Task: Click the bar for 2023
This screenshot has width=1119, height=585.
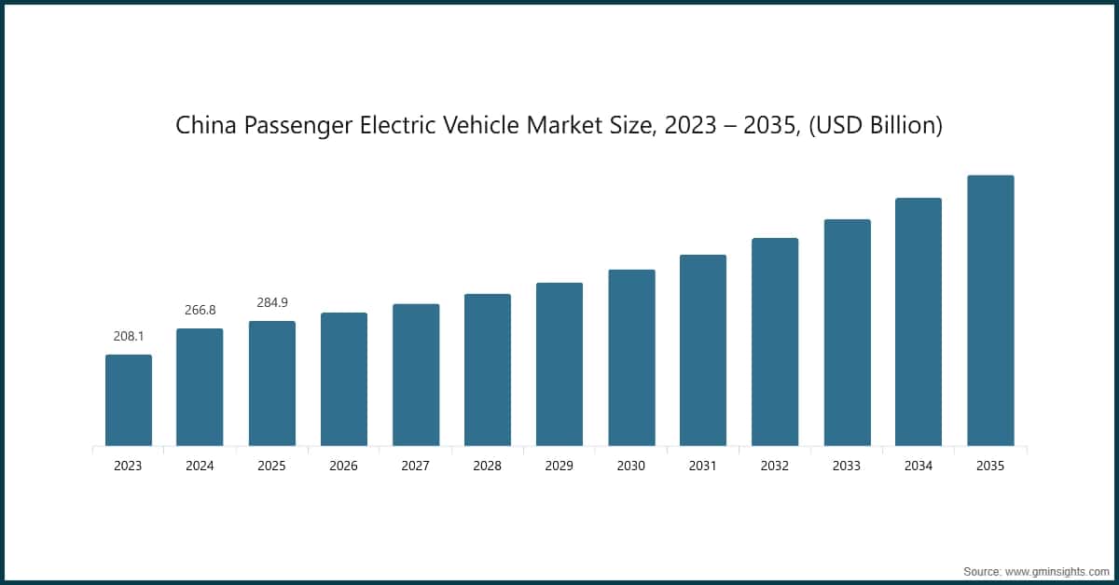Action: point(129,400)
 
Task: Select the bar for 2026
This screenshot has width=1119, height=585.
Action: point(344,379)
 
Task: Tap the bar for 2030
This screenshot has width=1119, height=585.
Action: point(631,357)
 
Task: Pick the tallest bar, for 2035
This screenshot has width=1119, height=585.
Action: point(990,311)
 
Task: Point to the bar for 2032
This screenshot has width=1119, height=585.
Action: point(775,341)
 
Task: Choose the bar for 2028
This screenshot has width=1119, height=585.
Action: point(488,369)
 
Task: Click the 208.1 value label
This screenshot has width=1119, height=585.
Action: point(129,336)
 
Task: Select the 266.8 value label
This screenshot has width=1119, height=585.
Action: point(200,310)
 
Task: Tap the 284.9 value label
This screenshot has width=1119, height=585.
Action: point(272,302)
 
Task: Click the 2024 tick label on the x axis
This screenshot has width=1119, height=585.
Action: point(200,466)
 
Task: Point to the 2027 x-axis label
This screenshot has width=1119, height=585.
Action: point(416,466)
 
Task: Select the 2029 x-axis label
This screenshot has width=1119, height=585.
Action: point(559,466)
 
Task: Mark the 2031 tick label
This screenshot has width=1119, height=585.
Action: point(703,466)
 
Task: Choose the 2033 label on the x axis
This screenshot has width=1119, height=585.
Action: point(847,466)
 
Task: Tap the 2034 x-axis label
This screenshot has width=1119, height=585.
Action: point(919,466)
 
